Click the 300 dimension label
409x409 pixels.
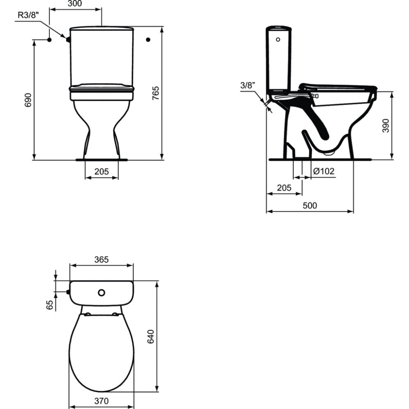(75, 4)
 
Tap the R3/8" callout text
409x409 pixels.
(28, 15)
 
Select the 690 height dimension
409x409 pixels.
(28, 100)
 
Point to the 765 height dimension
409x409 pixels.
(156, 93)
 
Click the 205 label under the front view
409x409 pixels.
(102, 172)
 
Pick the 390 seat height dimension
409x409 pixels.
(386, 126)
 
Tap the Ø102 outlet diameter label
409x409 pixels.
(324, 171)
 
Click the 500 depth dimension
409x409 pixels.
(310, 206)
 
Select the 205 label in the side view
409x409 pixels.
(284, 188)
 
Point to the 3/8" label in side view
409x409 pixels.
(248, 85)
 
